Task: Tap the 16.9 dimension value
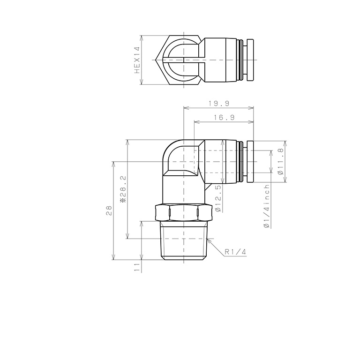(x=223, y=118)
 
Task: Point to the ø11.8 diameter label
(x=280, y=162)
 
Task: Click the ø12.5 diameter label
(x=218, y=197)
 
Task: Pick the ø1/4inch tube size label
(x=267, y=207)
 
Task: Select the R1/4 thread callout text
(x=235, y=252)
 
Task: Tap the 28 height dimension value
(x=109, y=210)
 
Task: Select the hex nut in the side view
(x=183, y=213)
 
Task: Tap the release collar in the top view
(x=248, y=60)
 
